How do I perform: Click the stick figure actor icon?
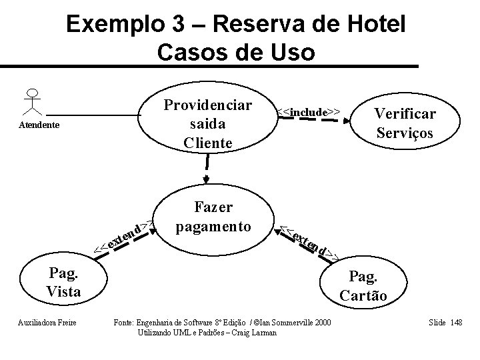[x=31, y=101]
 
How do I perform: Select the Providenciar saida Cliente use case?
[x=207, y=125]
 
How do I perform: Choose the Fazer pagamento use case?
[x=211, y=217]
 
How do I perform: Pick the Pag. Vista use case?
[x=63, y=282]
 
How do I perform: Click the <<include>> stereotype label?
[x=311, y=111]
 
